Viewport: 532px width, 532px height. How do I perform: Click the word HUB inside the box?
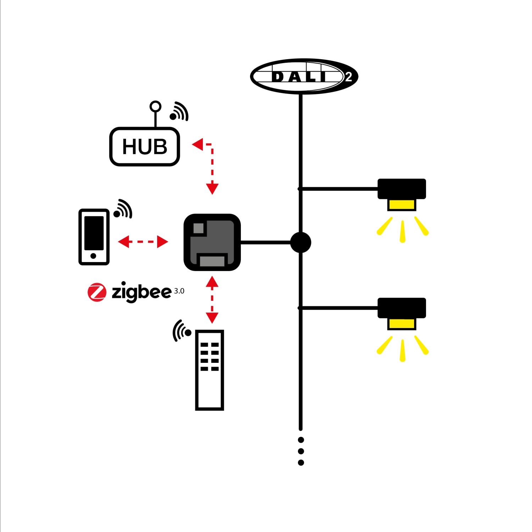click(x=145, y=146)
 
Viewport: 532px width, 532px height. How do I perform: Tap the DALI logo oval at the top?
click(x=304, y=76)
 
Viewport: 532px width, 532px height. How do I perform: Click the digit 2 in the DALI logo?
click(x=348, y=77)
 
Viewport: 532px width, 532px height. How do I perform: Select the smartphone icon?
click(x=94, y=237)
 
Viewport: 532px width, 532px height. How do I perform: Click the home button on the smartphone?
click(x=93, y=256)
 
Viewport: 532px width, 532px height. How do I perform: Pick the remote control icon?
click(x=209, y=370)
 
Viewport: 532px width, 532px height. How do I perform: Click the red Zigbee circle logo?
click(x=97, y=292)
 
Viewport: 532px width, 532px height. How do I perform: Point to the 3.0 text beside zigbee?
click(x=179, y=291)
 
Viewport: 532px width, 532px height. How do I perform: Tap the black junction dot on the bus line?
click(x=301, y=242)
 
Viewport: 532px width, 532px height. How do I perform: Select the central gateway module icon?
click(x=212, y=242)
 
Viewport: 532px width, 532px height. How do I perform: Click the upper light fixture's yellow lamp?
click(x=401, y=205)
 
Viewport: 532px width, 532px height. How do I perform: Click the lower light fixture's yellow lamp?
click(x=401, y=323)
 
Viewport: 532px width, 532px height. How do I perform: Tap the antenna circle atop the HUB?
click(x=155, y=106)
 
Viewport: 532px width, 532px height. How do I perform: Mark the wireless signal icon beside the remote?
click(x=182, y=331)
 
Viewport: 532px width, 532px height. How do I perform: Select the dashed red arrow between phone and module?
click(x=143, y=242)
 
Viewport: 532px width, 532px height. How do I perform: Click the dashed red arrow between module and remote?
click(x=212, y=300)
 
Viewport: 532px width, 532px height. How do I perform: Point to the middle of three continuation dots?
click(x=301, y=451)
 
